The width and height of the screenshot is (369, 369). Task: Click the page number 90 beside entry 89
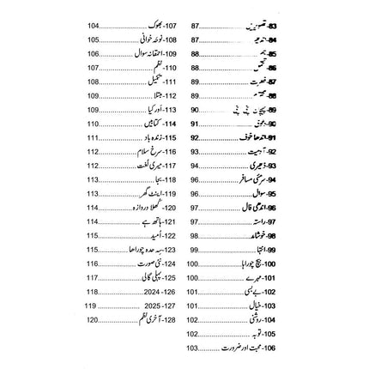195,111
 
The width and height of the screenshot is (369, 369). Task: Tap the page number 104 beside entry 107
93,27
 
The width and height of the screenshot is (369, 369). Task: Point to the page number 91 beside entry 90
195,124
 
